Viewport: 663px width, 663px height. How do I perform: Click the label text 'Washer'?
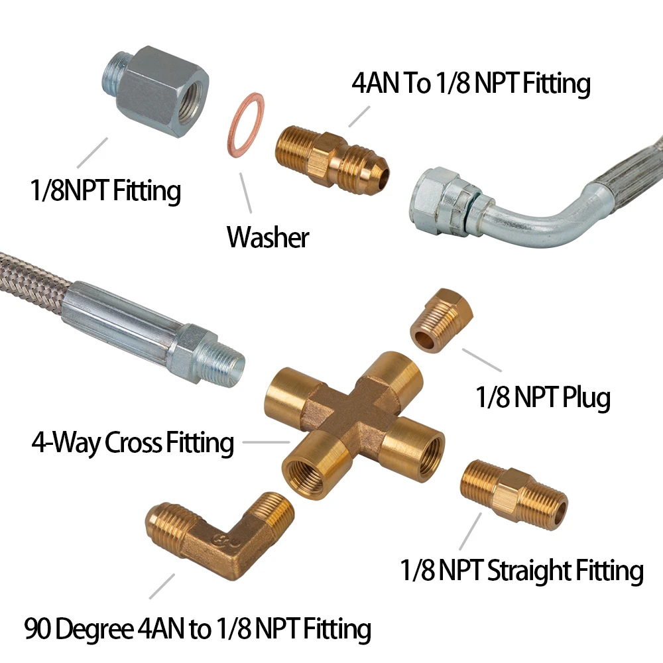268,237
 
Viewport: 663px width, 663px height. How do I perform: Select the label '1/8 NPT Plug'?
542,398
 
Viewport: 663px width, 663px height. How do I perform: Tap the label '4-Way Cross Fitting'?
133,443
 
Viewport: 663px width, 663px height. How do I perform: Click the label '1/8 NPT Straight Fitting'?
522,571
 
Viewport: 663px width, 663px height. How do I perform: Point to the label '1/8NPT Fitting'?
105,191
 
